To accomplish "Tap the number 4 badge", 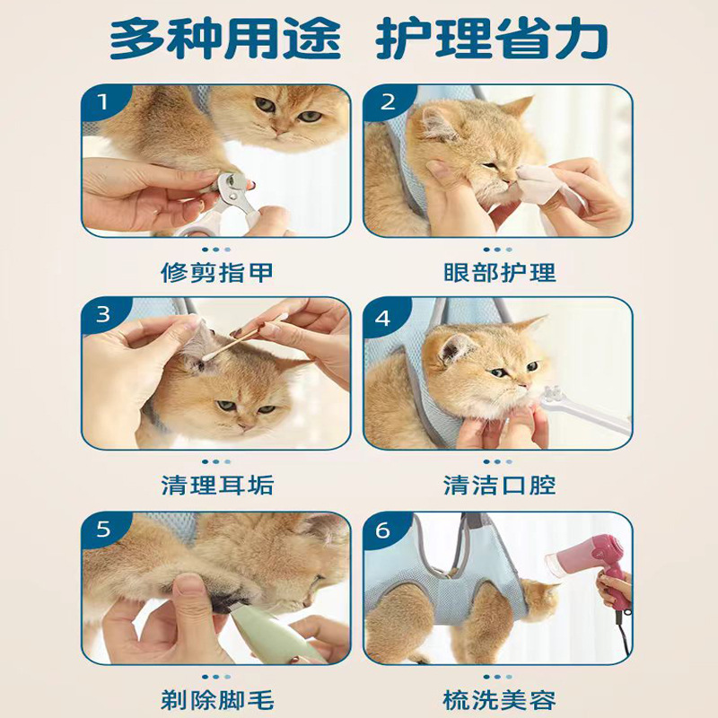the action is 382,317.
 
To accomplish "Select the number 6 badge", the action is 382,530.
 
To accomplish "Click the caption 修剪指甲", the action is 216,273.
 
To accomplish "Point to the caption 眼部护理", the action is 499,273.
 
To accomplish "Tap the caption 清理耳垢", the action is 217,486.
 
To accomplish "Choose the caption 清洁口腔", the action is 499,486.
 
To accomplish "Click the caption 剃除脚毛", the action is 217,700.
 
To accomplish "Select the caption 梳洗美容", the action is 499,700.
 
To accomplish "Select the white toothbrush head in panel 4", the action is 551,394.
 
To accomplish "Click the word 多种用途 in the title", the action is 226,38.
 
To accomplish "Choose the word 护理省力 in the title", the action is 491,38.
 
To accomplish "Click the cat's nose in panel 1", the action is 279,131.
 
